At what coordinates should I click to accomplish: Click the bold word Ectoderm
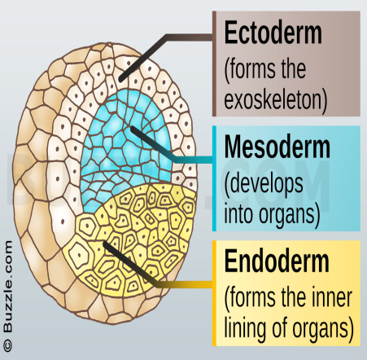point(273,33)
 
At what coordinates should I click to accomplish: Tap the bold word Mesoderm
point(277,147)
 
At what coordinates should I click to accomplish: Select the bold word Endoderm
point(277,261)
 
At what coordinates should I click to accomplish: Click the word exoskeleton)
point(276,99)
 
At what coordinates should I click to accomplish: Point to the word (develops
point(264,184)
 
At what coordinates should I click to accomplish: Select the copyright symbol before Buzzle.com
point(7,345)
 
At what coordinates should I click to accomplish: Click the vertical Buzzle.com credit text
point(7,287)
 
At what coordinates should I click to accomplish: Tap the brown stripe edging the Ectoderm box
point(214,64)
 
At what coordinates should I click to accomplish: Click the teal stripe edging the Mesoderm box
point(214,178)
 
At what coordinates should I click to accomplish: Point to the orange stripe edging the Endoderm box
point(214,293)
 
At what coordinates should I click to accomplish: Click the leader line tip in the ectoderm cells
point(121,80)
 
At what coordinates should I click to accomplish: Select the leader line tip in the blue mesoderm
point(133,129)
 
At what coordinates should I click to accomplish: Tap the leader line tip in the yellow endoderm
point(106,244)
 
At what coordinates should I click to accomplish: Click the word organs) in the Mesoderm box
point(289,214)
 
